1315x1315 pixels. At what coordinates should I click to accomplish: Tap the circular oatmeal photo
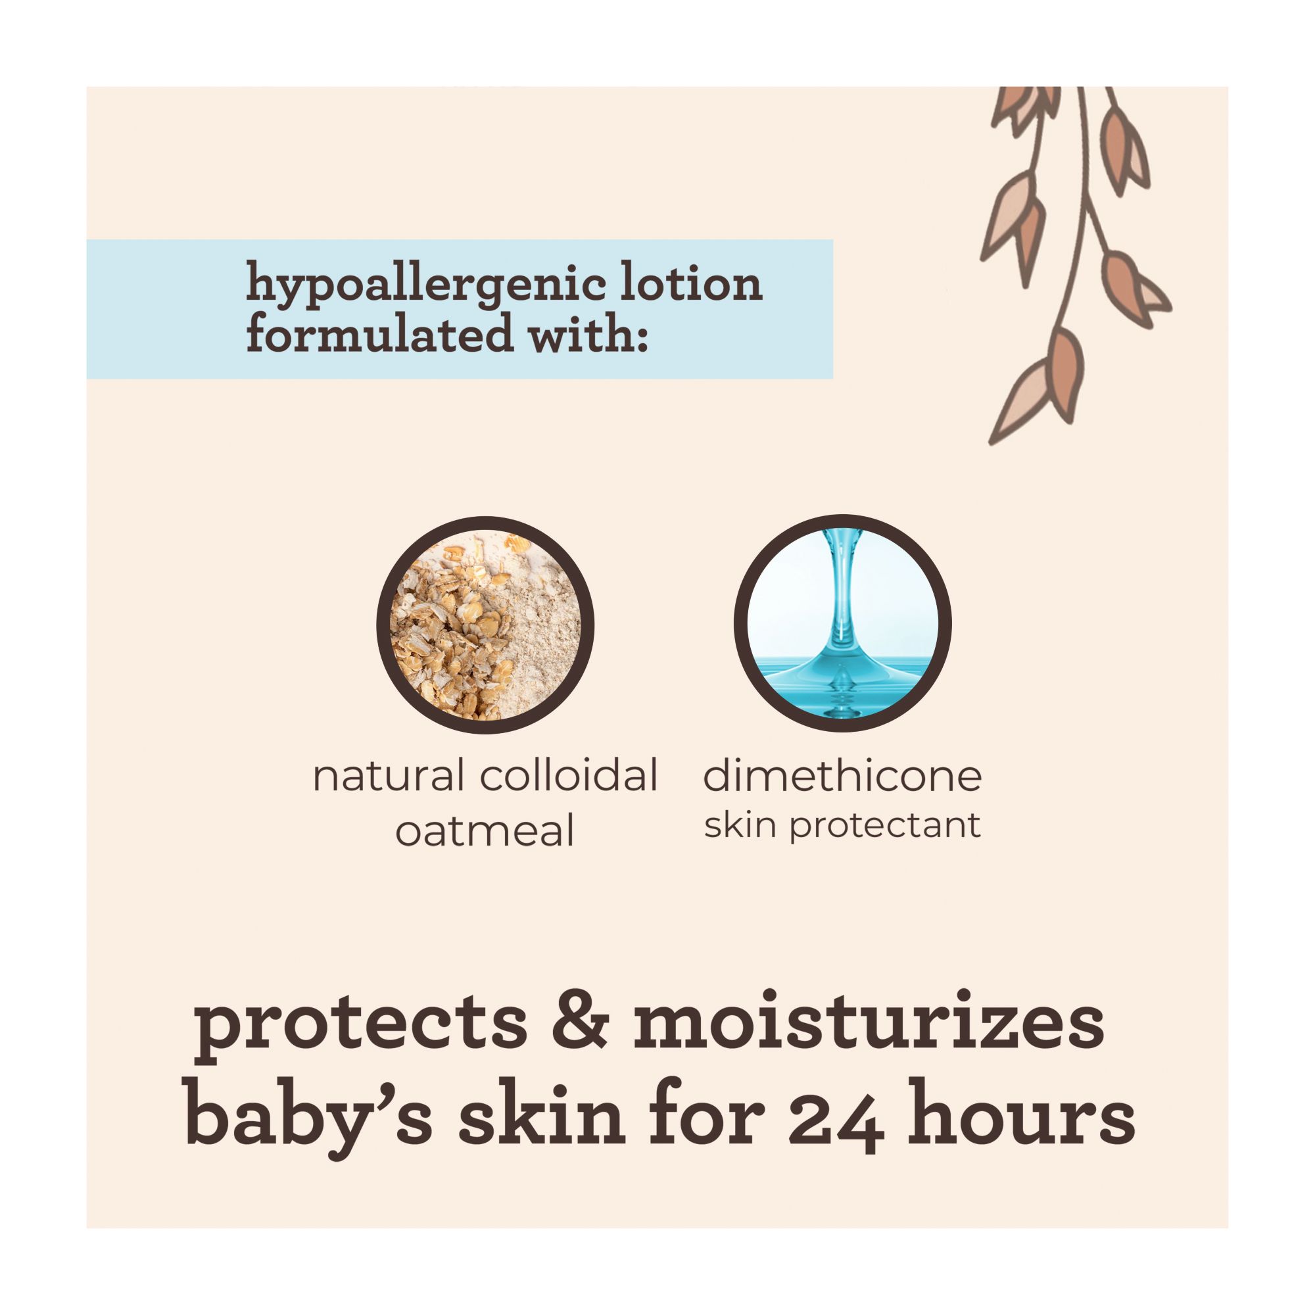point(485,625)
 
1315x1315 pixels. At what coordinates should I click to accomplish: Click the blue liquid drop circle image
point(843,623)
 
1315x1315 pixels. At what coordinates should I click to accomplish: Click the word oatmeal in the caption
point(485,830)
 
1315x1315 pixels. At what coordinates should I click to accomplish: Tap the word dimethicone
point(843,775)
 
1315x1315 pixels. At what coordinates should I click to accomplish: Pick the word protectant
point(885,826)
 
